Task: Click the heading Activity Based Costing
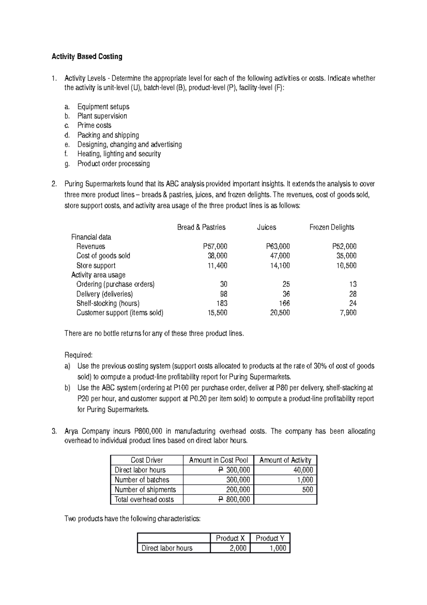87,57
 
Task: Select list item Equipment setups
103,107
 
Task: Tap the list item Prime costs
94,125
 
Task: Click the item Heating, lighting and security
119,154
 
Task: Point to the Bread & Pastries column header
201,227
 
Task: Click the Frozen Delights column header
332,227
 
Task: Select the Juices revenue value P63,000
278,246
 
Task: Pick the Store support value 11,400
217,265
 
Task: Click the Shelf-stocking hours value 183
222,303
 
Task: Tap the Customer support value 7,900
348,313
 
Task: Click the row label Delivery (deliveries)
105,294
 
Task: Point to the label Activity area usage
98,275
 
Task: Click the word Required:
78,355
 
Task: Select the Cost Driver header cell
147,460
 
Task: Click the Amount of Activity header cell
285,460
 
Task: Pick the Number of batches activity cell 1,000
305,480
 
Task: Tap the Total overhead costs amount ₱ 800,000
234,500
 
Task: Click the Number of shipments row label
145,490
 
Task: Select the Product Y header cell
270,538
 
